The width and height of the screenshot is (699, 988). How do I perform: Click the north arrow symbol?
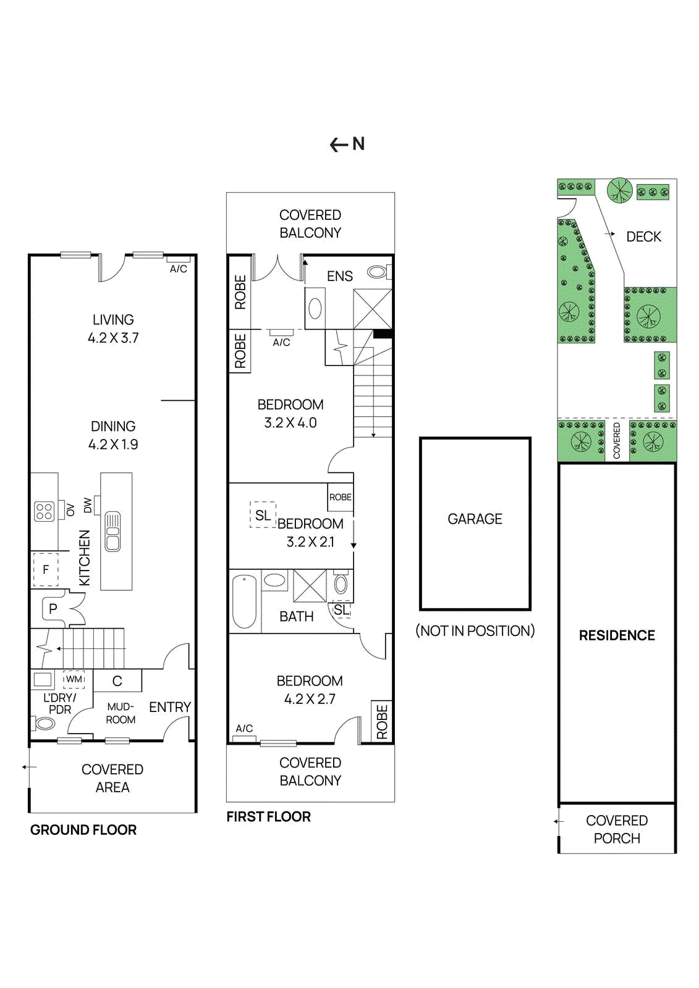pos(347,144)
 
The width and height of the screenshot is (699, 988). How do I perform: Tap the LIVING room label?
pos(113,320)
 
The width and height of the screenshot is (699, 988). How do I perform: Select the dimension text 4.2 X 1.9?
pos(113,445)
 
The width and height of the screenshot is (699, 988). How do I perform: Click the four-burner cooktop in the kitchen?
pos(44,511)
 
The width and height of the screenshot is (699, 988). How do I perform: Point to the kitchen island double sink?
pos(112,531)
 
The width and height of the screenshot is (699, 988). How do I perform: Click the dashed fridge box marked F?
pos(45,569)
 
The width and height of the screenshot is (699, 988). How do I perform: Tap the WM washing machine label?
pos(74,679)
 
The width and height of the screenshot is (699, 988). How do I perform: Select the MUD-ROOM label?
pos(121,713)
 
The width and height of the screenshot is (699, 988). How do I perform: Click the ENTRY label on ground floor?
pos(170,707)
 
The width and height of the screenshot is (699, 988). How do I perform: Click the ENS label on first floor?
pos(340,276)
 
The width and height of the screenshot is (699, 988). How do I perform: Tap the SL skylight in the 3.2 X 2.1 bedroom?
pos(263,515)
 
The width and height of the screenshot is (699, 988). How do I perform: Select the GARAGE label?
pos(475,519)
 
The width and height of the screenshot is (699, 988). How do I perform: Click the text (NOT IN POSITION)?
pos(475,630)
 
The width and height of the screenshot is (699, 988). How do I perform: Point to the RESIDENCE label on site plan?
pos(617,635)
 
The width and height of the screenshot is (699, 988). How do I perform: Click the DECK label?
pos(643,237)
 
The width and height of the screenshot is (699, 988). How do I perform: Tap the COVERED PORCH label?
pos(617,829)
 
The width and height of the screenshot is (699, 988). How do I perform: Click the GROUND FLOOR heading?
pos(83,830)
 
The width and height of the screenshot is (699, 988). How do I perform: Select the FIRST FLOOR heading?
pos(268,816)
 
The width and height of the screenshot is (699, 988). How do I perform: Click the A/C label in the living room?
pos(179,269)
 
